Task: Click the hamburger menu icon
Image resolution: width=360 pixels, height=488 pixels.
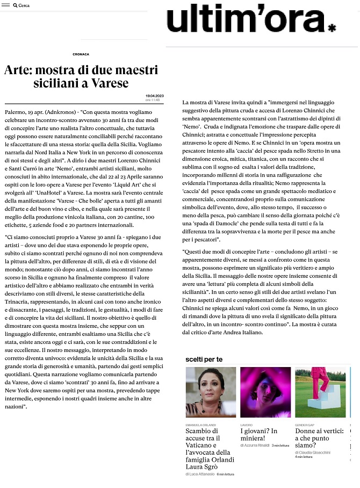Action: tap(5, 5)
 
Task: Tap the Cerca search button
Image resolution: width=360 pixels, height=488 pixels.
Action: tap(21, 5)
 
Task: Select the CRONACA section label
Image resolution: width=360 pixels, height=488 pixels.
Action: tap(81, 54)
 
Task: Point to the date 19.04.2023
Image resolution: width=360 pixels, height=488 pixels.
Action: tap(154, 96)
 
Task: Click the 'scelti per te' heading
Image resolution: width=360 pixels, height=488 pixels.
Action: tap(204, 358)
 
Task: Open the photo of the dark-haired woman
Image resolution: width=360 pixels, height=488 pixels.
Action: tap(211, 392)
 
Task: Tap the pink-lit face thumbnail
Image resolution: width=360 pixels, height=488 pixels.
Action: tap(265, 392)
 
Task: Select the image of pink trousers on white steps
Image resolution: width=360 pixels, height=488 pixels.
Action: tap(320, 392)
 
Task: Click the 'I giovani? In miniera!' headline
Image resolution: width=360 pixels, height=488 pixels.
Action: tap(259, 435)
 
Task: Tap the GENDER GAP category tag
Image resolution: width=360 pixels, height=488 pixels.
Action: tap(305, 425)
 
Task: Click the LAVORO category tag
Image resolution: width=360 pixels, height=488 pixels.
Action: tap(246, 425)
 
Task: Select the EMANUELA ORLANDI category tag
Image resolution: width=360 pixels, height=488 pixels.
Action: tap(200, 425)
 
